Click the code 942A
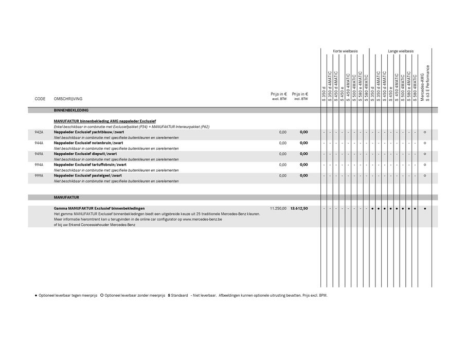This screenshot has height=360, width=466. point(39,132)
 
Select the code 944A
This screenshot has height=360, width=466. point(39,143)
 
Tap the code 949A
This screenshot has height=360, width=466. point(39,154)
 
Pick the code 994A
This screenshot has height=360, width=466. point(39,165)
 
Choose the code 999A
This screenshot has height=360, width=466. point(39,175)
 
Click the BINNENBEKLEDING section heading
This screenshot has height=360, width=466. point(71,111)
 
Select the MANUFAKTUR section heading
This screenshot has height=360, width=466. point(66,197)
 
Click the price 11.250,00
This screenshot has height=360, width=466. point(278,208)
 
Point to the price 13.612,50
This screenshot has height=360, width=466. point(299,208)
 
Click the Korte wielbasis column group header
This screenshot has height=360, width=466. point(345,51)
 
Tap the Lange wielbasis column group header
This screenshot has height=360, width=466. point(401,51)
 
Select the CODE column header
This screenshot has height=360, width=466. point(40,99)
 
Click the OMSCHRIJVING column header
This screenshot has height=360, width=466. point(68,99)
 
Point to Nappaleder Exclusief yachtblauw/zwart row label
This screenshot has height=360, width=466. point(85,132)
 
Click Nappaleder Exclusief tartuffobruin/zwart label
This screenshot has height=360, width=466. point(89,165)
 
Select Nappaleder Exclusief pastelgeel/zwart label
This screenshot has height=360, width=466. point(87,175)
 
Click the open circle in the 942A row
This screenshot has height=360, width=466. point(425,132)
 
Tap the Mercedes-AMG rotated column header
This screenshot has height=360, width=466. point(422,83)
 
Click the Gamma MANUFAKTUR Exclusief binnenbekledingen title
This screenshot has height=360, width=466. point(99,208)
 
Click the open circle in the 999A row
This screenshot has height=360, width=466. point(425,175)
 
